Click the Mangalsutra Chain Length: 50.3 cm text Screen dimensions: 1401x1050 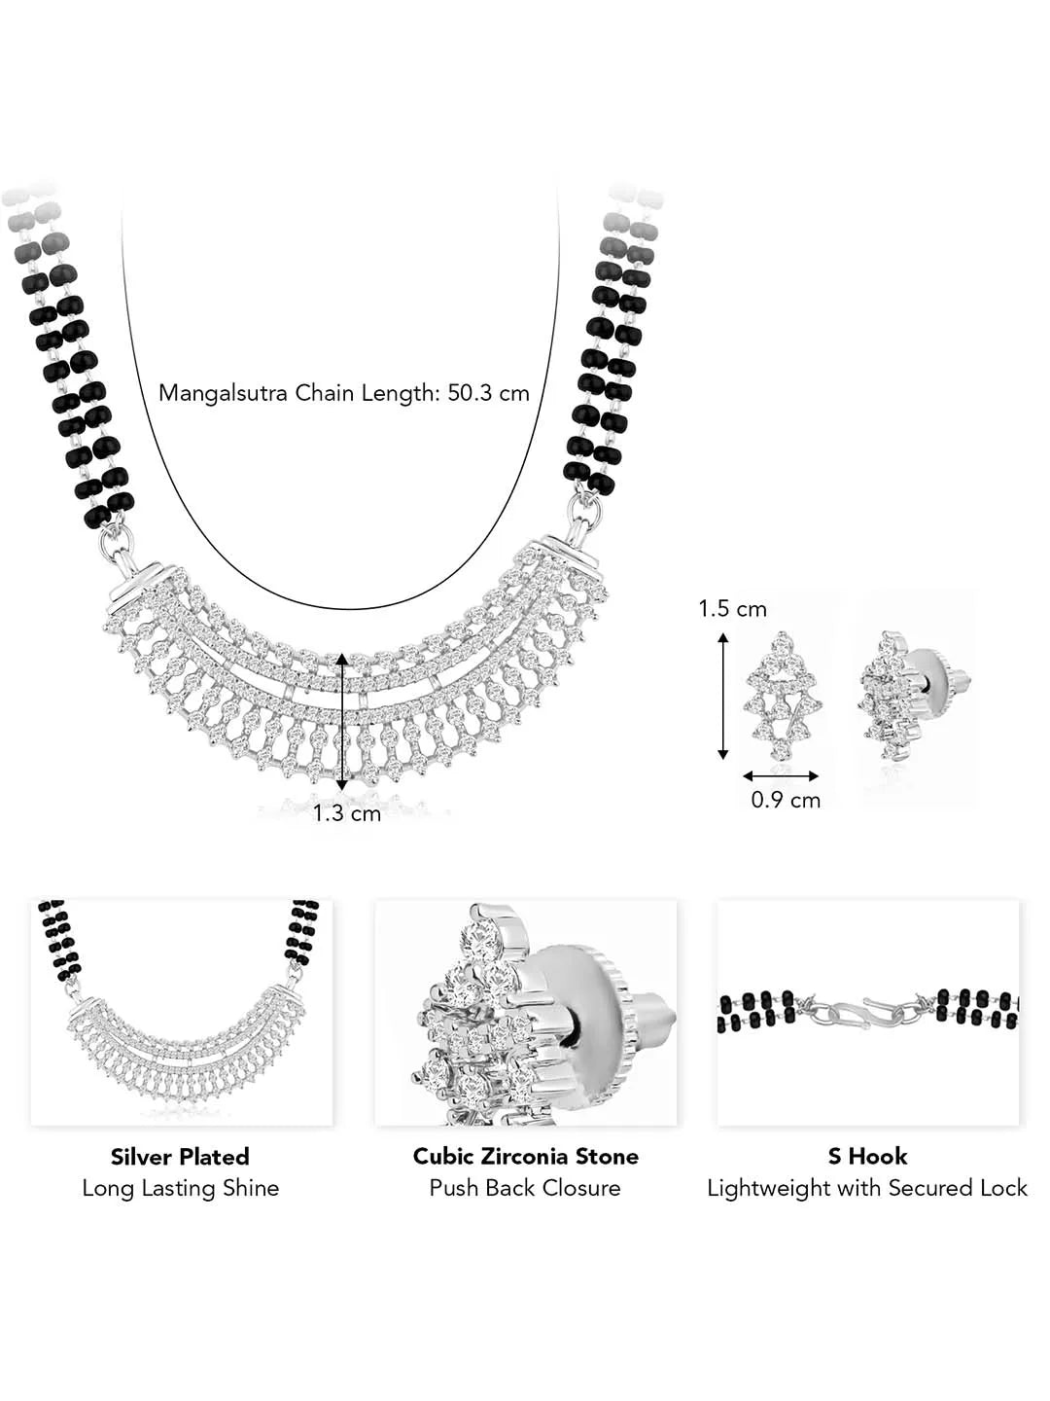tap(344, 393)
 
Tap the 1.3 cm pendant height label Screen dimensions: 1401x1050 tap(346, 812)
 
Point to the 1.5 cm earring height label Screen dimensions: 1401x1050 tap(732, 609)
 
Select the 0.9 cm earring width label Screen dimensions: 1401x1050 tap(786, 800)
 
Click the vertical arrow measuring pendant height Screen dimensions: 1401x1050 tap(342, 721)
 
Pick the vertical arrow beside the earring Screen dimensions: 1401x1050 tap(722, 695)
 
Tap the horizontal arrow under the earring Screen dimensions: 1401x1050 tap(781, 775)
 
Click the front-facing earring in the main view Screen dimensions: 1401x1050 tap(782, 695)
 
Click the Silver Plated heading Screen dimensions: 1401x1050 tap(180, 1156)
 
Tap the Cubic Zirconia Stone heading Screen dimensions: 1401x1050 tap(525, 1156)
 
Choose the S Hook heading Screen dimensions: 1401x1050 tap(867, 1156)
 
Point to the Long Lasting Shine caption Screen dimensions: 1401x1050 tap(180, 1188)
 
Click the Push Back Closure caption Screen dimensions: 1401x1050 tap(525, 1188)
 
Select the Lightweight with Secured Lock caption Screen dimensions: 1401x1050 tap(867, 1188)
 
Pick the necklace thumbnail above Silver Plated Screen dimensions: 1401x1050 tap(182, 1012)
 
